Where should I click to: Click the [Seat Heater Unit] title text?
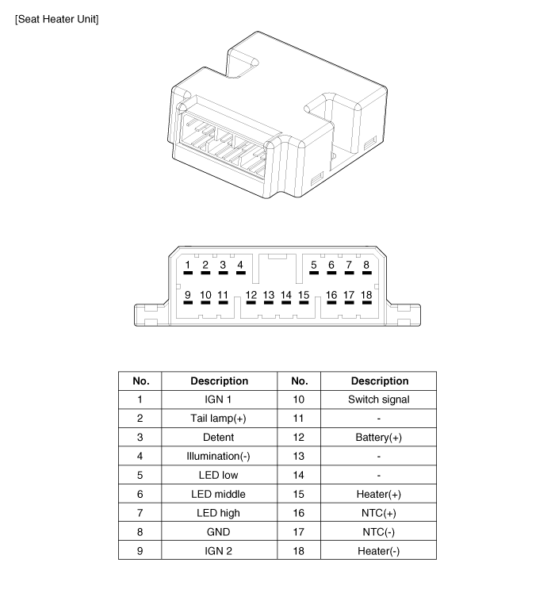click(x=57, y=19)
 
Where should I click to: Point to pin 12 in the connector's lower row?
click(x=251, y=297)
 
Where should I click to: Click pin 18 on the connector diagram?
click(x=366, y=297)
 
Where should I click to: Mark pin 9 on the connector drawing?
click(x=188, y=297)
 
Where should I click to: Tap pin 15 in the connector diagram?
click(x=304, y=297)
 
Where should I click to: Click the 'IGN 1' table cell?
click(x=218, y=400)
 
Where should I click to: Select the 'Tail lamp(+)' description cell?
click(x=219, y=419)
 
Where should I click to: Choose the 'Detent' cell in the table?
click(x=219, y=437)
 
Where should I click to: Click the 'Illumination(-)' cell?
click(x=219, y=456)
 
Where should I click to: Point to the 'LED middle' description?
click(x=219, y=494)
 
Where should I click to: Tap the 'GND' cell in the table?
click(x=219, y=532)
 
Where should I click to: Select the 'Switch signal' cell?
click(x=379, y=400)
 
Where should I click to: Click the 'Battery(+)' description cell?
click(x=379, y=437)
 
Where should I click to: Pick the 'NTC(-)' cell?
click(x=379, y=532)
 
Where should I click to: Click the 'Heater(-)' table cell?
click(x=379, y=551)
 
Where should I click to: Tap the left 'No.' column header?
click(x=141, y=381)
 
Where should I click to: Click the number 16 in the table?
click(x=299, y=513)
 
